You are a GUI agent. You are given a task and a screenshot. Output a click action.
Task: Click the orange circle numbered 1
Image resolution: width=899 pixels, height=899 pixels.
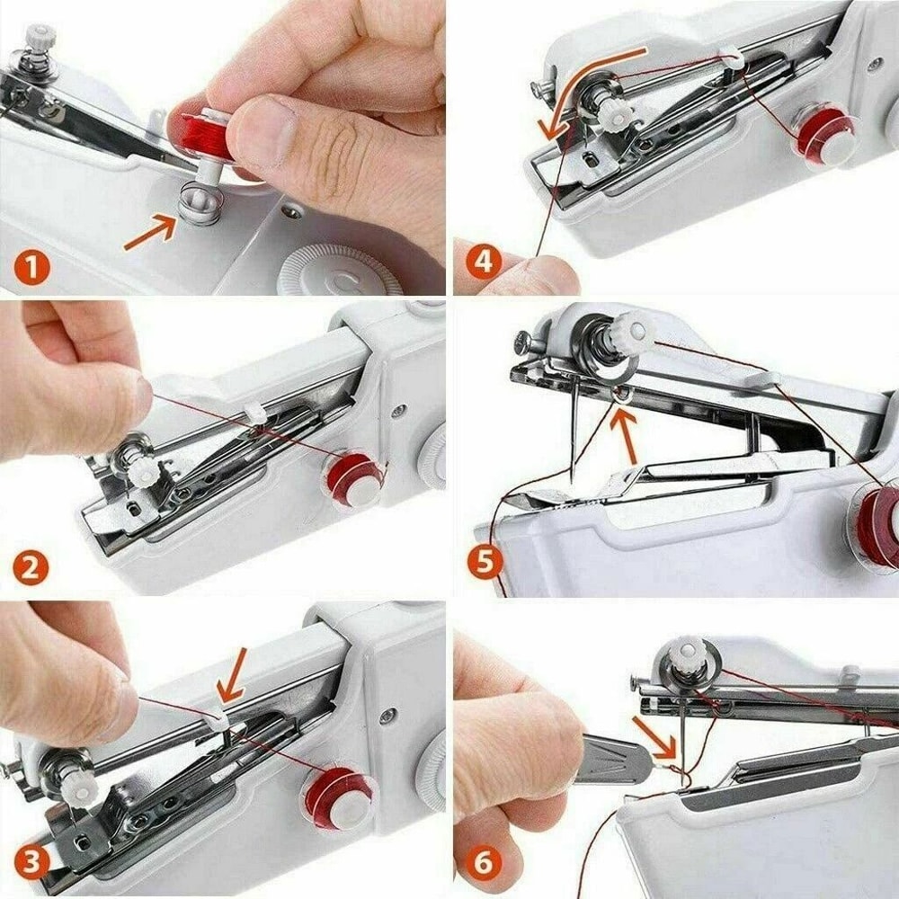coord(31,268)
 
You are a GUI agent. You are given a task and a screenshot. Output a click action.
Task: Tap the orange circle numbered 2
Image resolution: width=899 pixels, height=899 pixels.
coord(31,568)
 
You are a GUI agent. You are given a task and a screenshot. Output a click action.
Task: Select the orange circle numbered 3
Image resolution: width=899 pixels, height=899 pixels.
coord(31,865)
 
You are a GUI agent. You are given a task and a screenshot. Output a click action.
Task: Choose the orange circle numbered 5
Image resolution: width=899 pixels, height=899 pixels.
coord(485,564)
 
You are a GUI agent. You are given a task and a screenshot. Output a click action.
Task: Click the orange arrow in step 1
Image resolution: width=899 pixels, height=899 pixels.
coord(148,233)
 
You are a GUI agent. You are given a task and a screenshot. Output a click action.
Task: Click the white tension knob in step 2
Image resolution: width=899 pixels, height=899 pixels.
coord(142,473)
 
